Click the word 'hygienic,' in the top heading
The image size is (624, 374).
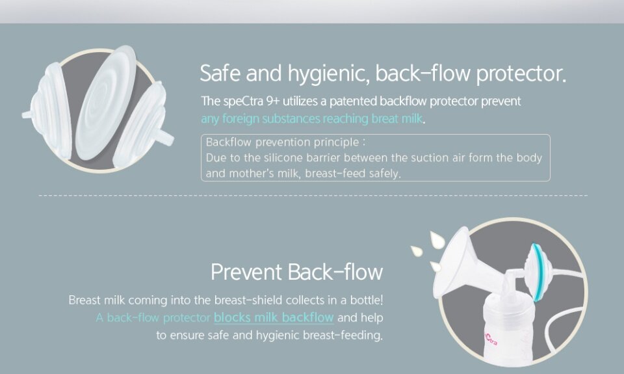click(x=329, y=73)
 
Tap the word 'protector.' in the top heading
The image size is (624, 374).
click(x=521, y=73)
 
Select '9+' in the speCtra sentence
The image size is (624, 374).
click(x=273, y=101)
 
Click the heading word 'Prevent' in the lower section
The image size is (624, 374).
click(x=246, y=272)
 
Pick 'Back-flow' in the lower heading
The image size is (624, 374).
click(x=335, y=272)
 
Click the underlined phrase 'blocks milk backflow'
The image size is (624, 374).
click(x=274, y=317)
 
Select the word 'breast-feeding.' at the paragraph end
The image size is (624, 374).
click(x=343, y=335)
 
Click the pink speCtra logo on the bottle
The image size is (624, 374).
click(x=490, y=339)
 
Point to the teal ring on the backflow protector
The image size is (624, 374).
click(x=536, y=273)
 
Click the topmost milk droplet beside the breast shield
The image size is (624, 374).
click(x=437, y=240)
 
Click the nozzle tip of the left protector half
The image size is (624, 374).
click(x=26, y=114)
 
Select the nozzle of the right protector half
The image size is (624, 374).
click(x=167, y=137)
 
